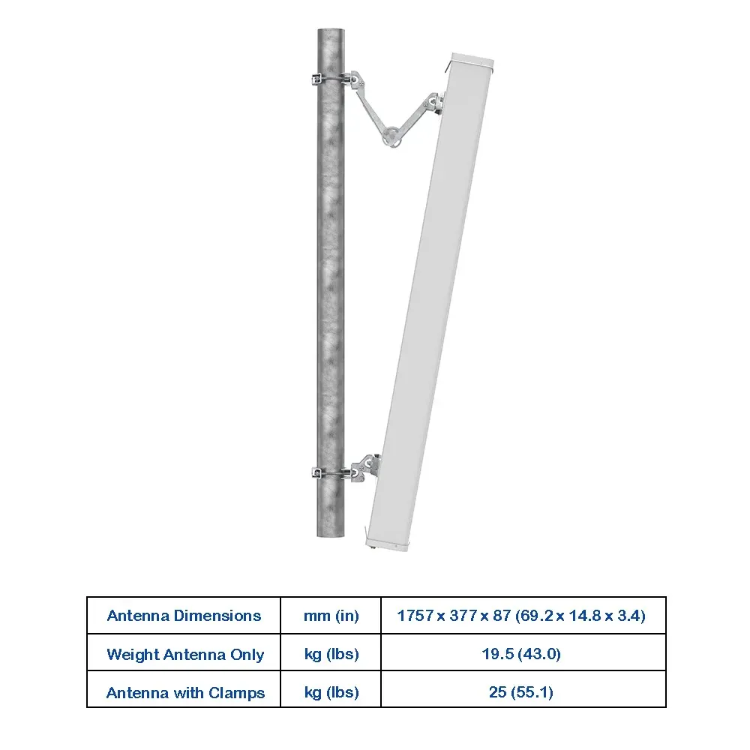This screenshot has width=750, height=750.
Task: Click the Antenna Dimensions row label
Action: tap(184, 616)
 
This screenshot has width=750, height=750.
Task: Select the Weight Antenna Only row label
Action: tap(185, 654)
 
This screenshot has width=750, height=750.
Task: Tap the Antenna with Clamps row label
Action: tap(185, 692)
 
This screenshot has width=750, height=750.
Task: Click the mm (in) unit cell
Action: tap(331, 616)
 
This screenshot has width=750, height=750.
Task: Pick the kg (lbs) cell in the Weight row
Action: tap(331, 654)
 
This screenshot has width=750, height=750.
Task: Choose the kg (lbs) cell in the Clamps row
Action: tap(331, 692)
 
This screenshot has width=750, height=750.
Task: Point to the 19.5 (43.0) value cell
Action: tap(521, 654)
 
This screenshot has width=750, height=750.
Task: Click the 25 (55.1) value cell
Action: tap(521, 692)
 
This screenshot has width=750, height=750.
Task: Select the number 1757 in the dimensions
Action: tap(415, 615)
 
